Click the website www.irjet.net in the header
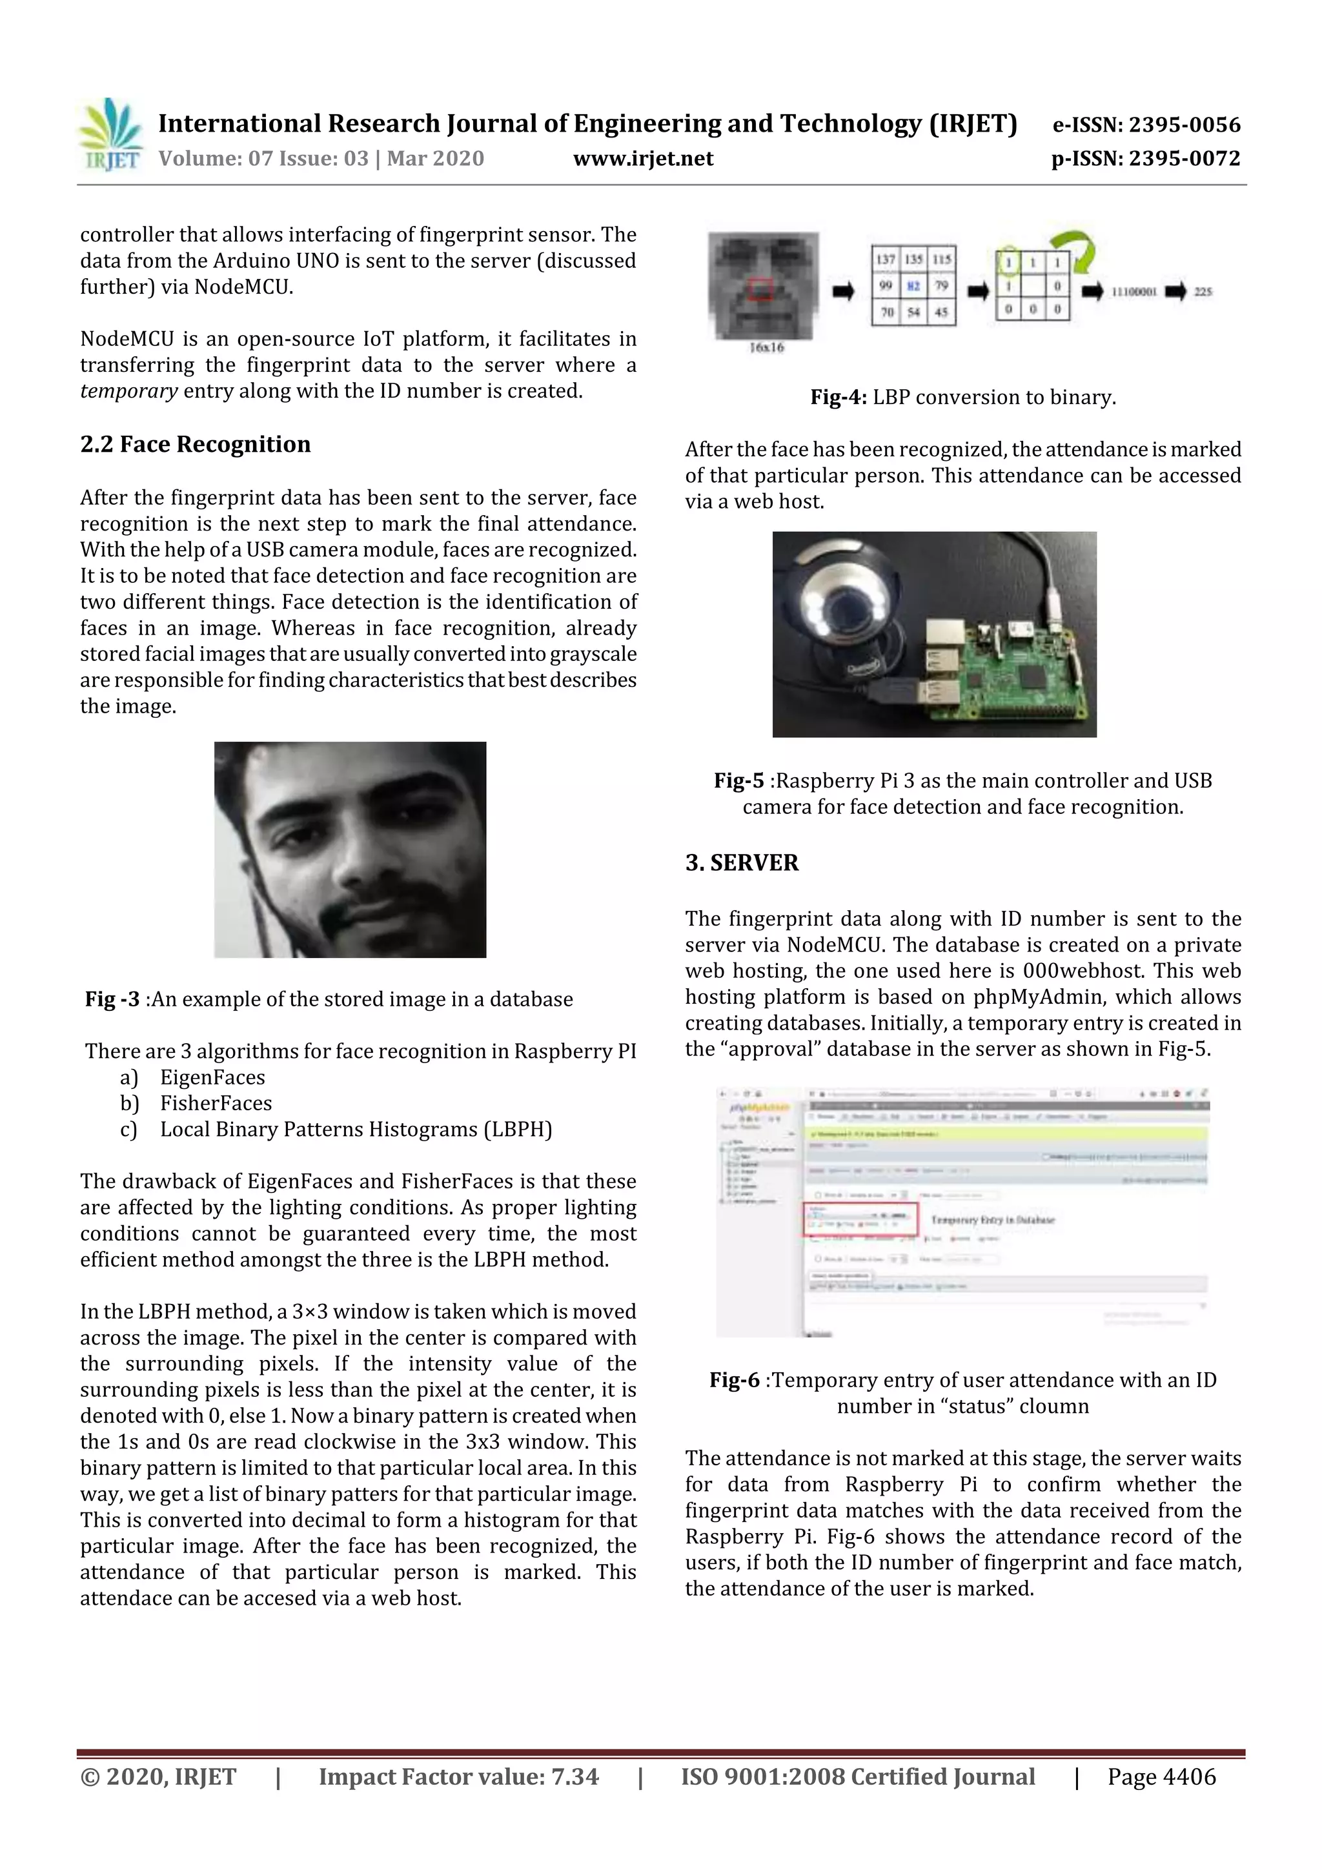pyautogui.click(x=643, y=159)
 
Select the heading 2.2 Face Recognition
pyautogui.click(x=196, y=444)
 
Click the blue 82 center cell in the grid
pyautogui.click(x=913, y=286)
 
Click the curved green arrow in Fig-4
pyautogui.click(x=1073, y=251)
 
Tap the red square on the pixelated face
pyautogui.click(x=761, y=289)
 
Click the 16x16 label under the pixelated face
pyautogui.click(x=766, y=348)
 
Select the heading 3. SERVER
pyautogui.click(x=742, y=862)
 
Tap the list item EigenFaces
pyautogui.click(x=212, y=1077)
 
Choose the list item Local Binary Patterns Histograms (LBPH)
pyautogui.click(x=356, y=1130)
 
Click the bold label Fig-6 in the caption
pyautogui.click(x=734, y=1381)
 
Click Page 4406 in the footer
pyautogui.click(x=1161, y=1777)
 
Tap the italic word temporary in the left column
pyautogui.click(x=128, y=391)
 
